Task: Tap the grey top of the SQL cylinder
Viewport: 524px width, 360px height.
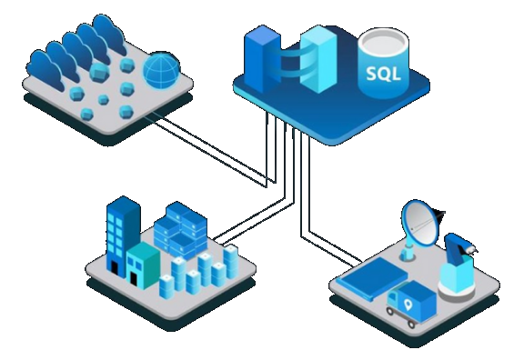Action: [x=383, y=41]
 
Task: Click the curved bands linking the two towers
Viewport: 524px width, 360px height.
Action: [x=292, y=63]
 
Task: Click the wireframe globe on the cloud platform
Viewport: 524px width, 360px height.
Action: [x=161, y=68]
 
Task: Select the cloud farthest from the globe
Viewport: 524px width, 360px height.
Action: [x=42, y=65]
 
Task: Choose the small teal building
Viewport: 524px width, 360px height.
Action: [x=143, y=264]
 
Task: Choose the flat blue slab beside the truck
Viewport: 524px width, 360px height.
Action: [x=368, y=276]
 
